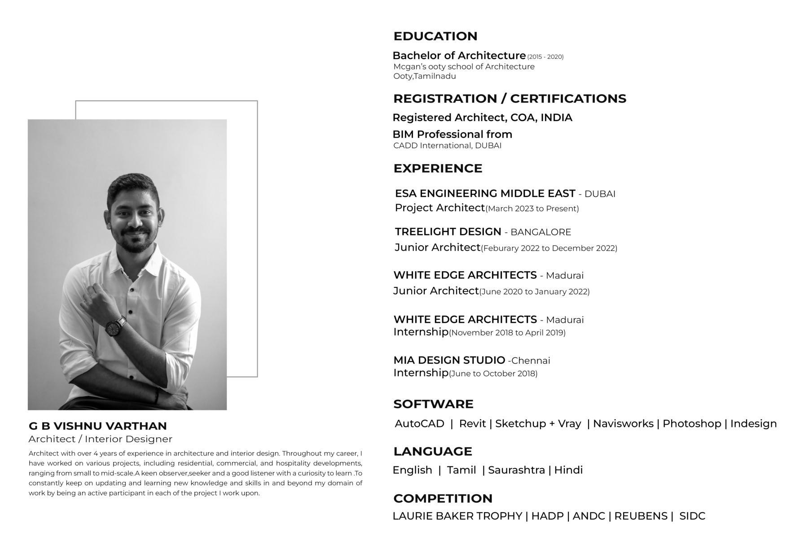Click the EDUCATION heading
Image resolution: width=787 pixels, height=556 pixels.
pos(435,36)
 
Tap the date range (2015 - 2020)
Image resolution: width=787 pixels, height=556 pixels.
pos(545,57)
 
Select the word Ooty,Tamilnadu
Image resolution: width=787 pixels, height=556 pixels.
pos(424,76)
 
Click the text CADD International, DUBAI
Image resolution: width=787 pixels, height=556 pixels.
pos(447,146)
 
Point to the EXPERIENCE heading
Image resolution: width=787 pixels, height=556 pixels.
pos(438,169)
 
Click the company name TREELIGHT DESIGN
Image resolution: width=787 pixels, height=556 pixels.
pos(448,232)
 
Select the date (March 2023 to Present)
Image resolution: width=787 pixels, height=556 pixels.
pos(532,208)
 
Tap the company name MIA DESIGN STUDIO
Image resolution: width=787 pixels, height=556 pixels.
pos(449,361)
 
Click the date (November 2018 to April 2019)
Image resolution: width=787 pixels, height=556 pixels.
pos(507,333)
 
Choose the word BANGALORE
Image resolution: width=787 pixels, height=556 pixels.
pos(541,232)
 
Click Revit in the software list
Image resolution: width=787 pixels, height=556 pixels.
pos(472,424)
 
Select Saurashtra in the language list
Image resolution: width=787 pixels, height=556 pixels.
pos(516,470)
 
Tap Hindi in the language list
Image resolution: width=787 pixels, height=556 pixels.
pos(568,470)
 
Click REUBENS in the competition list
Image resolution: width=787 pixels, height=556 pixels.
pos(641,516)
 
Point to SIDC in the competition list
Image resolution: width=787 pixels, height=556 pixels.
pos(692,516)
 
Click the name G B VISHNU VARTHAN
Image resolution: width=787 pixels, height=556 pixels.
pos(97,426)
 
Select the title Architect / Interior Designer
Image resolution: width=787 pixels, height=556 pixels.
pos(100,439)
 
